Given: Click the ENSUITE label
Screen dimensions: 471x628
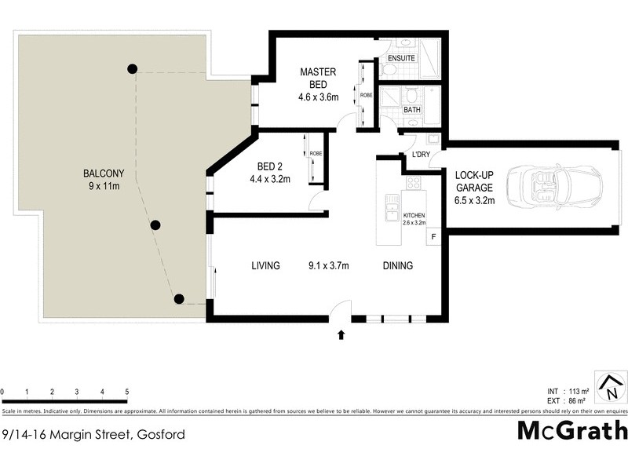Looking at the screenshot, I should tap(401, 58).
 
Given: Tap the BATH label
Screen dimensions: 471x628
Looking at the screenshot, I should tap(412, 110).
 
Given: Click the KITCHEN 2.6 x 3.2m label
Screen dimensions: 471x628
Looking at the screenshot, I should tap(414, 218).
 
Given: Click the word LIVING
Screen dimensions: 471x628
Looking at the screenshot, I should tap(265, 266).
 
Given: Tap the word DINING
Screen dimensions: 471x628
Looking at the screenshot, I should tap(397, 266).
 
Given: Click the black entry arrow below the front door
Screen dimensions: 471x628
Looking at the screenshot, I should tap(341, 334).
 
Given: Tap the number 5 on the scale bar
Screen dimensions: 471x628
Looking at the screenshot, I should tap(126, 391).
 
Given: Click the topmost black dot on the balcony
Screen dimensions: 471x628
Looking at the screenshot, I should tap(133, 68).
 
